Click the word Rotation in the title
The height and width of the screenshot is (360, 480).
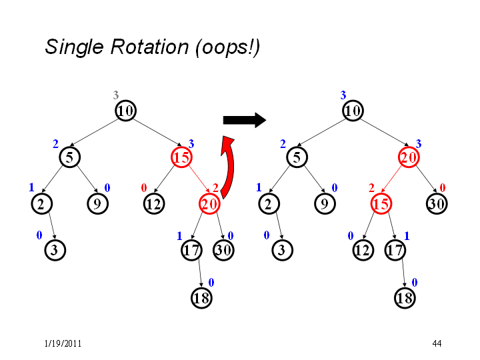click(150, 47)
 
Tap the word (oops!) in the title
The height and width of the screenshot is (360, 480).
click(228, 48)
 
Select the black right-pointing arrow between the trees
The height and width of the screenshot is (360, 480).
click(245, 120)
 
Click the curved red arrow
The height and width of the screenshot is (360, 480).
click(229, 167)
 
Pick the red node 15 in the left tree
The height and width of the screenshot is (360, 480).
click(181, 157)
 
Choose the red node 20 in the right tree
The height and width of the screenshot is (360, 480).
click(409, 157)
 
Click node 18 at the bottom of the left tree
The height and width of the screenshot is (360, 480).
click(201, 298)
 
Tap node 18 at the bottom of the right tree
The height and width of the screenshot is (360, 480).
click(405, 298)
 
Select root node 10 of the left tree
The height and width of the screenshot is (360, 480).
click(125, 111)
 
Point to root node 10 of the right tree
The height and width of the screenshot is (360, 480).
click(353, 111)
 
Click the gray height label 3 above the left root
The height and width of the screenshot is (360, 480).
click(116, 95)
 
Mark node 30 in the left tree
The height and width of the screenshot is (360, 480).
click(223, 250)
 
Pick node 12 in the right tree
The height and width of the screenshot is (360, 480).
click(363, 250)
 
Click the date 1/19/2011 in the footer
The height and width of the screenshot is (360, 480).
click(63, 343)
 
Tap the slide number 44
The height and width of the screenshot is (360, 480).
click(437, 343)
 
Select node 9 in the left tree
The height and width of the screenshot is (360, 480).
click(97, 203)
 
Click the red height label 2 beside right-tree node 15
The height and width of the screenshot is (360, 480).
click(371, 187)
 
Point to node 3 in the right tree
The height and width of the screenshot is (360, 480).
click(282, 250)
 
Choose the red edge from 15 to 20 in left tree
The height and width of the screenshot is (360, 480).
click(199, 179)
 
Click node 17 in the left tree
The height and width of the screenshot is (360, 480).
click(191, 250)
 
